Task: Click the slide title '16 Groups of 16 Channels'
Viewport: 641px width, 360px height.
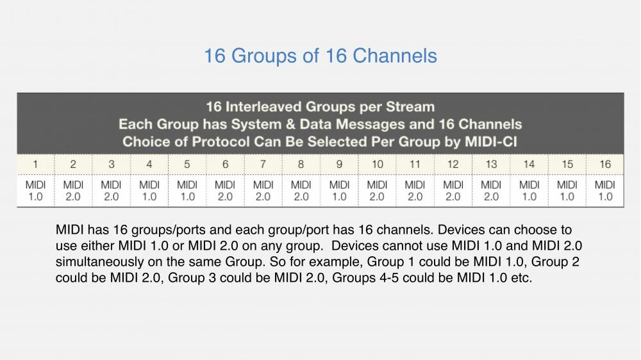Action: [320, 56]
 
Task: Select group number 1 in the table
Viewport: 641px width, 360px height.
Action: [35, 164]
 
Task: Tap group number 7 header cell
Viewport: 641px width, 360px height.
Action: [263, 164]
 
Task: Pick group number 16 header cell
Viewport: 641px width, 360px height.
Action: [605, 164]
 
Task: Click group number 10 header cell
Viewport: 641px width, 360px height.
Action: [378, 164]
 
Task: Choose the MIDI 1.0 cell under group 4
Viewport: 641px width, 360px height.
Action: [149, 191]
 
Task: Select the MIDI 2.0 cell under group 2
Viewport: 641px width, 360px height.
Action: [73, 191]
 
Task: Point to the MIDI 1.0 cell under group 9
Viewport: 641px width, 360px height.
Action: [339, 191]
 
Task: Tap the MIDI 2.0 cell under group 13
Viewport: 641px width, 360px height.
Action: [491, 191]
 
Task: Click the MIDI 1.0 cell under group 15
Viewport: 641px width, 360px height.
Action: [567, 191]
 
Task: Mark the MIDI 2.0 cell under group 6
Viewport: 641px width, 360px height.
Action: [225, 191]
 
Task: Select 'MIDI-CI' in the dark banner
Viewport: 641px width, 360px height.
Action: [491, 142]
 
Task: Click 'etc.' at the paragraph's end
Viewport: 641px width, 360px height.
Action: [521, 278]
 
